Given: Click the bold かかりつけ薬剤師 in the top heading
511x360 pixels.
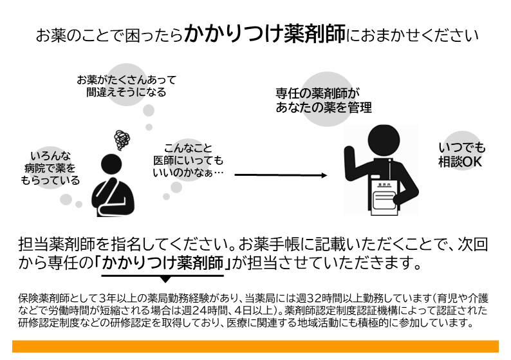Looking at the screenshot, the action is (265, 33).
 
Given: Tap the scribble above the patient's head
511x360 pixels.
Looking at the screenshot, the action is (122, 140).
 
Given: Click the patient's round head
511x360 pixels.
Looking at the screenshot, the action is (111, 164).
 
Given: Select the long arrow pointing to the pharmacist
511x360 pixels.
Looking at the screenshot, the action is (281, 175).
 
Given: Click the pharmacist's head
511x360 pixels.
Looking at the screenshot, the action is (384, 140).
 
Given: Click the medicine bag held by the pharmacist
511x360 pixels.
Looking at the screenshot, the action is (385, 198).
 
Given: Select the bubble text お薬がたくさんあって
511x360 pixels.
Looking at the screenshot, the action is (126, 80).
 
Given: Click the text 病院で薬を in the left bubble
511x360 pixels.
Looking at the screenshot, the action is (50, 168).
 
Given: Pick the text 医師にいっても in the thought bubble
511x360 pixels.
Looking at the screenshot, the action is (189, 160).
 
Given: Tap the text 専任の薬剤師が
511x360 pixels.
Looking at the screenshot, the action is (318, 93).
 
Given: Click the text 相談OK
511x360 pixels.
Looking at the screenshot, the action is (460, 162).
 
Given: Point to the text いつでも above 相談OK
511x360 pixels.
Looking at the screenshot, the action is (462, 147).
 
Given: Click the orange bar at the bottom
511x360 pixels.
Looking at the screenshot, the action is (256, 346).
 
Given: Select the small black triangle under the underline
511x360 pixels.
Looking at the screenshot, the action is (165, 279).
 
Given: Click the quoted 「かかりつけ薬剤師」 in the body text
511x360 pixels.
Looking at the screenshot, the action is (162, 263).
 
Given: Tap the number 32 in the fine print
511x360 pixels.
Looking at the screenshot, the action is (315, 298).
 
